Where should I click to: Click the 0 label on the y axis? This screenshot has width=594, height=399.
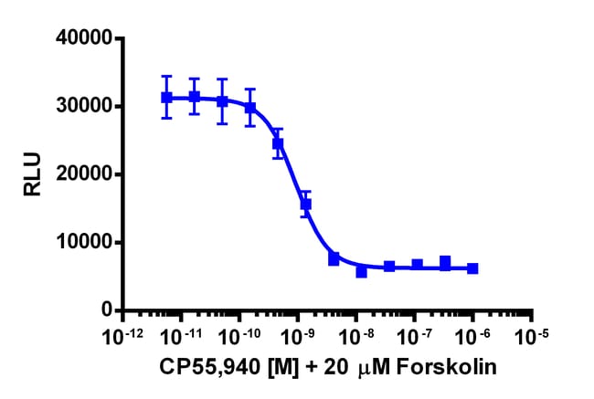(106, 310)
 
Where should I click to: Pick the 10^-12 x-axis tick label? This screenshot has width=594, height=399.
(122, 335)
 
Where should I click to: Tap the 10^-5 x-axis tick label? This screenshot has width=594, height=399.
(533, 335)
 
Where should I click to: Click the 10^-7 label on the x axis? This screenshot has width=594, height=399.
(416, 335)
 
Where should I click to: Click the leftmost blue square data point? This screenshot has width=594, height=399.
(166, 98)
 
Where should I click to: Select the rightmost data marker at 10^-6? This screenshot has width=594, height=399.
(472, 268)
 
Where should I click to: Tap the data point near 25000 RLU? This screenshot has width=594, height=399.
(279, 143)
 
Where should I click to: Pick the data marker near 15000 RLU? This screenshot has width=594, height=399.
(306, 205)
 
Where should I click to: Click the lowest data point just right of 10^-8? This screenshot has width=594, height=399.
(362, 271)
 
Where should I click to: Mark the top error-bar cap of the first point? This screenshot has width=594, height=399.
(166, 77)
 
